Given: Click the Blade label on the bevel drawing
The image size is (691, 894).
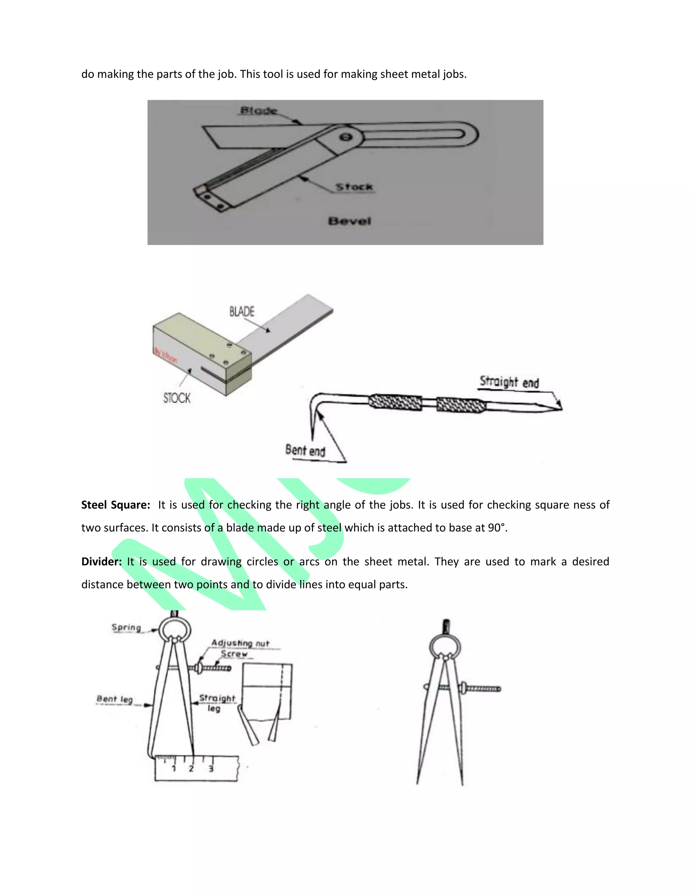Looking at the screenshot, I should pos(258,111).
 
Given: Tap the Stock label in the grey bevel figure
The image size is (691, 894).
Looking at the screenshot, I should pos(354,187).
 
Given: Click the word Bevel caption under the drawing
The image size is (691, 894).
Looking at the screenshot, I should pos(350,221).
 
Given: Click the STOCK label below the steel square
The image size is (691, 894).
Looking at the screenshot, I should pos(177,398).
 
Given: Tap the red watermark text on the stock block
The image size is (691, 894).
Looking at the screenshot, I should pos(166,355).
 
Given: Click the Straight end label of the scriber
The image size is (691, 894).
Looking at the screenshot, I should pos(509,382).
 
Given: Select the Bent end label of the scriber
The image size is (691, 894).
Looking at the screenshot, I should pos(305,450).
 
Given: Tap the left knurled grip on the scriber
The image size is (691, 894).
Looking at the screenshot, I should pos(395,402).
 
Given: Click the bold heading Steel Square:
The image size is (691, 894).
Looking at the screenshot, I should pos(116,505).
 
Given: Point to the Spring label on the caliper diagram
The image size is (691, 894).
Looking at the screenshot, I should pos(127,627).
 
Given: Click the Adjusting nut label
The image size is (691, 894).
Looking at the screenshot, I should pos(240,643).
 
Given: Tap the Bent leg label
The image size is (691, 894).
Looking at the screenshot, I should pos(115,699).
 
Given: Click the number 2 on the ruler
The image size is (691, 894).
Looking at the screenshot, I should pos(191,769).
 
